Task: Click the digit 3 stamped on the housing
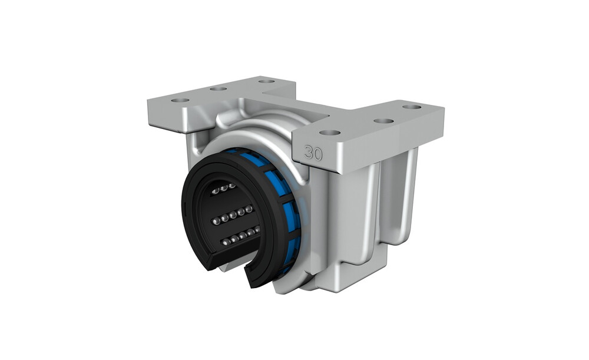[x=309, y=152]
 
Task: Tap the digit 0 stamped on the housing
[x=318, y=154]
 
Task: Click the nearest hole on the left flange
[x=180, y=100]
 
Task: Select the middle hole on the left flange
[x=219, y=89]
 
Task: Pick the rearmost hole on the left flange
[x=267, y=81]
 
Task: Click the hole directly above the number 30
[x=330, y=133]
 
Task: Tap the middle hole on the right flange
[x=384, y=121]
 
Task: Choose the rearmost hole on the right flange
[x=412, y=107]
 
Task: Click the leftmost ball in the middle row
[x=216, y=222]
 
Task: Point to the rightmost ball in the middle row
[x=249, y=209]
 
